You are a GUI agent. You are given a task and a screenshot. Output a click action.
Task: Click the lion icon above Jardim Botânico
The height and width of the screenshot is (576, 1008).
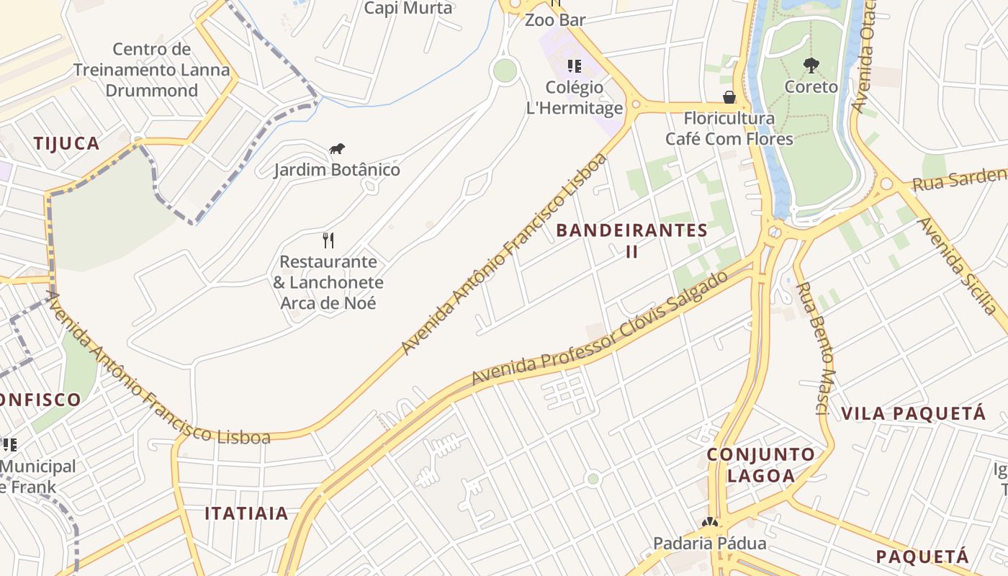pyautogui.click(x=337, y=149)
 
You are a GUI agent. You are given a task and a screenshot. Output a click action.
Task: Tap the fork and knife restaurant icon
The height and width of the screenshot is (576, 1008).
pyautogui.click(x=328, y=240)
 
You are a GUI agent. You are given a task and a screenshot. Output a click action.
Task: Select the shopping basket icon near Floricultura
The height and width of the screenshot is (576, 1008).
pyautogui.click(x=729, y=97)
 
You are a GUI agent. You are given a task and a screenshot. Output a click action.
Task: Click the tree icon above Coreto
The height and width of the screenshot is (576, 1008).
pyautogui.click(x=811, y=66)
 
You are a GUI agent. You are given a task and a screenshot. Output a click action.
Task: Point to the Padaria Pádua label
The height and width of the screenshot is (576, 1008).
pyautogui.click(x=709, y=543)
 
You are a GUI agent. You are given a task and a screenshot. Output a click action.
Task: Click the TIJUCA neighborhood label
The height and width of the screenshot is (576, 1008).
pyautogui.click(x=66, y=143)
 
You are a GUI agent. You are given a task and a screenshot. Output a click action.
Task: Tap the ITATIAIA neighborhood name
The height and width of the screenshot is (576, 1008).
pyautogui.click(x=246, y=513)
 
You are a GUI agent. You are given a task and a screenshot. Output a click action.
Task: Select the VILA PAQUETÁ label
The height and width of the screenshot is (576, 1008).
pyautogui.click(x=913, y=413)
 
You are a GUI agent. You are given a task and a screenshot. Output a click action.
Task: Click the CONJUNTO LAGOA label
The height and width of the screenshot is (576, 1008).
pyautogui.click(x=761, y=465)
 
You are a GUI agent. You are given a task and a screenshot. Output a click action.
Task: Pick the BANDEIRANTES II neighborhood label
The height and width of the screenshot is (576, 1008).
pyautogui.click(x=632, y=240)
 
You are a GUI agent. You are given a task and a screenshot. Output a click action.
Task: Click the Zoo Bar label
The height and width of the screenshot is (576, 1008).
pyautogui.click(x=555, y=19)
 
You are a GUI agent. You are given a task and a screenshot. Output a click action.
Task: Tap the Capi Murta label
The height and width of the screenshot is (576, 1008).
pyautogui.click(x=408, y=8)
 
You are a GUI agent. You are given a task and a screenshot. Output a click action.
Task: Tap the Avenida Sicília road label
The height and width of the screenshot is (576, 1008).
pyautogui.click(x=960, y=266)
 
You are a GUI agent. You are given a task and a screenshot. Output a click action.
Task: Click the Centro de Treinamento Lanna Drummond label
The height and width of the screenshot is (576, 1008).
pyautogui.click(x=152, y=70)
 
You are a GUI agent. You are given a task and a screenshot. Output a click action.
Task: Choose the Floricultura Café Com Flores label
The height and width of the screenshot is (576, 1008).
pyautogui.click(x=729, y=128)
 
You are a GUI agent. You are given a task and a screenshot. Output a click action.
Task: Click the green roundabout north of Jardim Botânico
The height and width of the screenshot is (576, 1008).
pyautogui.click(x=505, y=70)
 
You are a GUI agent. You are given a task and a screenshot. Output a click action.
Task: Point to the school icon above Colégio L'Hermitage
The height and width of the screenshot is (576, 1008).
pyautogui.click(x=574, y=66)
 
